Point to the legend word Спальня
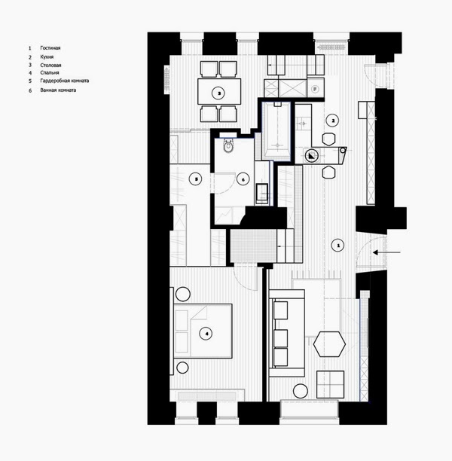[50, 73]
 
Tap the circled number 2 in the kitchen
[331, 120]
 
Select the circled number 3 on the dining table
[218, 93]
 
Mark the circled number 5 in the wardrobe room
[195, 179]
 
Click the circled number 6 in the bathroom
[242, 179]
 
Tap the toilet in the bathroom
[230, 147]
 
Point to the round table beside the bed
[182, 368]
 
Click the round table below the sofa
[300, 390]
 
